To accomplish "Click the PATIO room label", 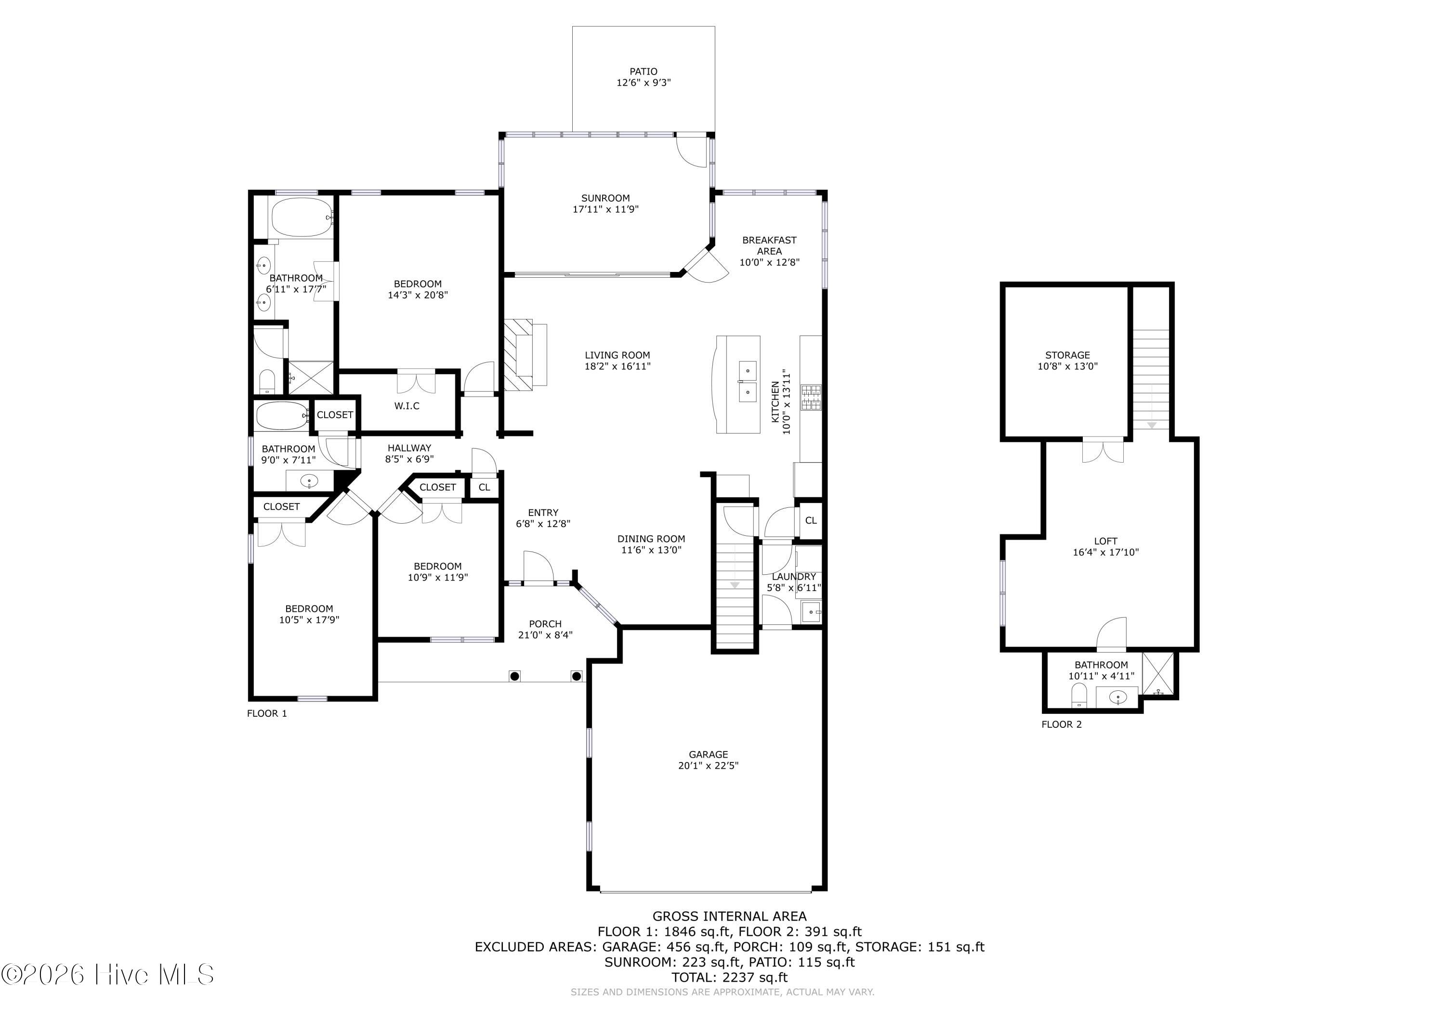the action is click(643, 72).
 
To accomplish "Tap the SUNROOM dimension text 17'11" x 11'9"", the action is click(605, 209).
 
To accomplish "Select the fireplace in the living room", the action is click(525, 354).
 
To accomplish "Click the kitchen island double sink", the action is click(747, 381).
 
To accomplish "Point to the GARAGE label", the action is click(708, 754).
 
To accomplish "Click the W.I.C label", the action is click(407, 406).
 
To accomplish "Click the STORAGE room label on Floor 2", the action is click(1067, 355).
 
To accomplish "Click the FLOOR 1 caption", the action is click(267, 713).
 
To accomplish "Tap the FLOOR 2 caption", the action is click(1062, 724).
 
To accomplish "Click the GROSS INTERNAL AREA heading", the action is click(729, 917).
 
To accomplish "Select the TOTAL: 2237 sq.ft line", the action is click(729, 977).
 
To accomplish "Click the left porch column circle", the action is click(515, 676).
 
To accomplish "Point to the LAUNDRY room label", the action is click(794, 576).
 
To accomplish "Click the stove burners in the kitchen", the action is click(811, 398).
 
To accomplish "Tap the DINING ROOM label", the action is click(651, 539).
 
